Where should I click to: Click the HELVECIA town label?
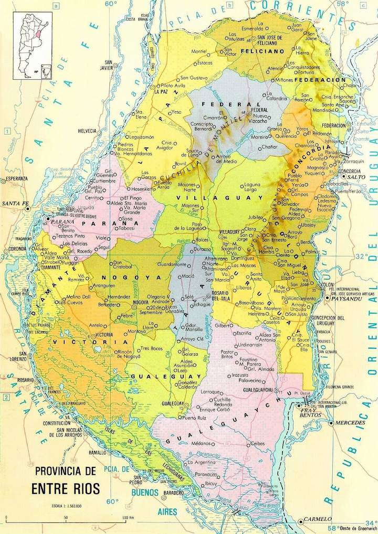(87, 130)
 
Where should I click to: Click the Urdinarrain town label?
(249, 345)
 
